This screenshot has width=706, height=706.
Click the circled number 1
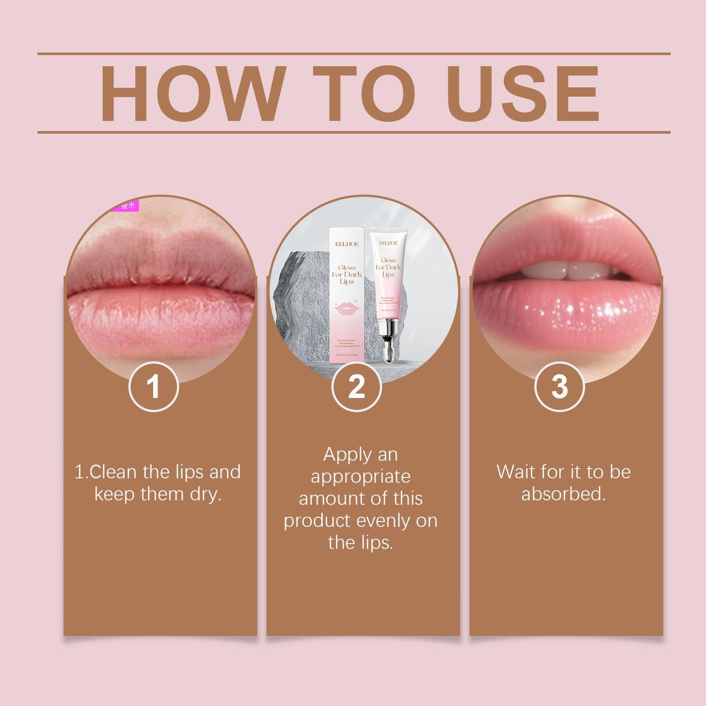[x=154, y=387]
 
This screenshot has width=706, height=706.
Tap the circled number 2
[x=357, y=387]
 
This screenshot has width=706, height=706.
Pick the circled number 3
[x=560, y=387]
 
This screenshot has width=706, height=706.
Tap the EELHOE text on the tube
[x=388, y=243]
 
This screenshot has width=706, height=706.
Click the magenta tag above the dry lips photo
[x=126, y=205]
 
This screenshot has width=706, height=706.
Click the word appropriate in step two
[x=361, y=477]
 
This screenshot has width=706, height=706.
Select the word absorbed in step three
[x=563, y=494]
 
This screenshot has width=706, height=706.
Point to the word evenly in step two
[x=383, y=521]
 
